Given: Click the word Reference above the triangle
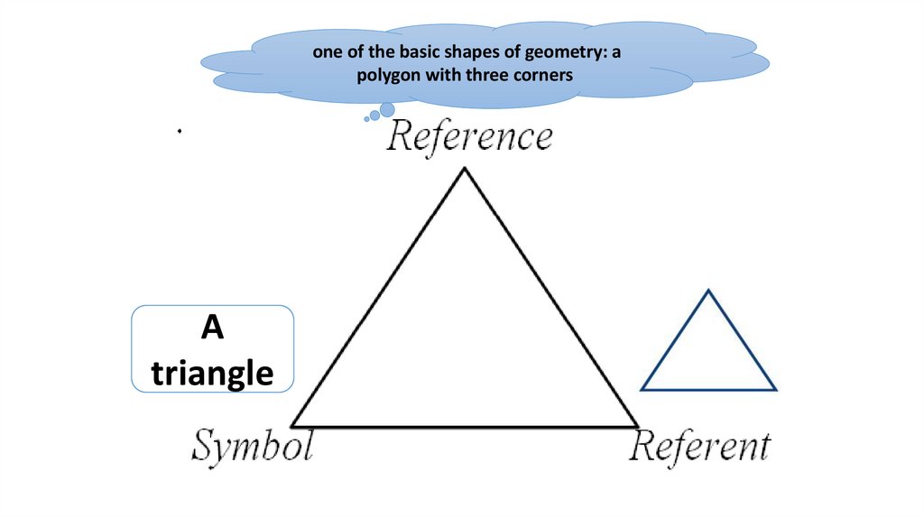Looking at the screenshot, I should pos(469,138).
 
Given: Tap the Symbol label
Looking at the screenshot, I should pos(252,447).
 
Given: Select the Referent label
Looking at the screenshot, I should pos(700,447).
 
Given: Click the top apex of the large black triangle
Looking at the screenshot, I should pos(465,170).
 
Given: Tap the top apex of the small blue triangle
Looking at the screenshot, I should pos(708,291).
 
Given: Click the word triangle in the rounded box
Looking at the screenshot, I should pos(213,372).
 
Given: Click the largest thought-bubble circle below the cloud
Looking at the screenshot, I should pos(387,110).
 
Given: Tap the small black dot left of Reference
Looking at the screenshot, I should pos(180,132).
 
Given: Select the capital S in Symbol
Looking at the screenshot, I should pos(205,447).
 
